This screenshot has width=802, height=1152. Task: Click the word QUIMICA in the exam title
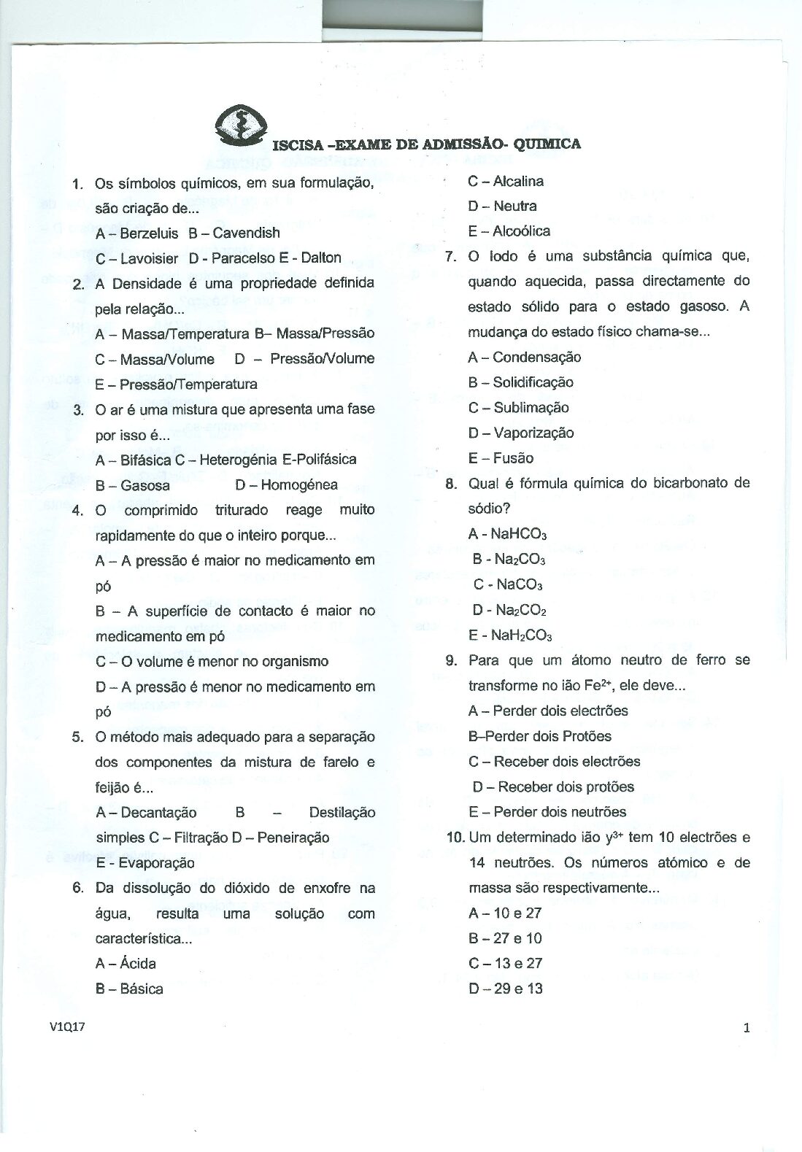coord(547,144)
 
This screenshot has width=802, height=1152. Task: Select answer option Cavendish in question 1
coord(246,233)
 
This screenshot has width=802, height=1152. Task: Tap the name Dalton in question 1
coord(321,258)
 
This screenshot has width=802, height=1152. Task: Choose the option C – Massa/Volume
coord(155,359)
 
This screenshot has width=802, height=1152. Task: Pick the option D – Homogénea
coord(286,484)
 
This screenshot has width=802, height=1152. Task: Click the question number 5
coord(78,736)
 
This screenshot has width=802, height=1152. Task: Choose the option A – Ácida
coord(126,963)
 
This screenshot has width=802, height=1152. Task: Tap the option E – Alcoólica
coord(509,231)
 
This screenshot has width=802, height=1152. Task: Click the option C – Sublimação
coord(518,407)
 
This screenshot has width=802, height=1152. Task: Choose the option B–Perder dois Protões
coord(539,736)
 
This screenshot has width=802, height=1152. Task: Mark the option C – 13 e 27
coord(505,963)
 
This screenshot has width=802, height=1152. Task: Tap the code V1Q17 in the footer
coord(68,1027)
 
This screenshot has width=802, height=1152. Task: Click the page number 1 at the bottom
coord(747,1028)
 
